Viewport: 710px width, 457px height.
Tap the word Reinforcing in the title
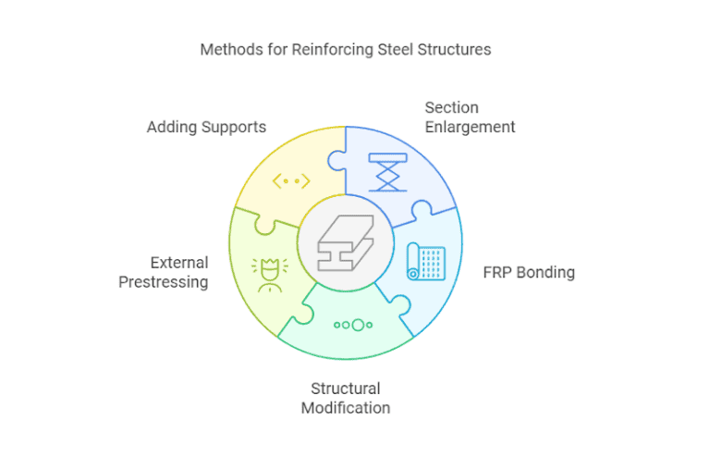[x=324, y=49]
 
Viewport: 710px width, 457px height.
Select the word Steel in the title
[x=391, y=49]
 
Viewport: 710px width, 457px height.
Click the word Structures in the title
[x=453, y=49]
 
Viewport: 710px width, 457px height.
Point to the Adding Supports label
[x=206, y=127]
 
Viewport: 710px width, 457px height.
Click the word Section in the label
[x=451, y=108]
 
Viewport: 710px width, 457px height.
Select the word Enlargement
[x=470, y=127]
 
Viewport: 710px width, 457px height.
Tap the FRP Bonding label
[x=529, y=273]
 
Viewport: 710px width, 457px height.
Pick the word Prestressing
[x=163, y=281]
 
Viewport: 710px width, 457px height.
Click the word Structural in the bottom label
[x=345, y=389]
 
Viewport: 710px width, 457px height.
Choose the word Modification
[x=345, y=407]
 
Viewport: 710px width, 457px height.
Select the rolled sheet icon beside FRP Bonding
[x=426, y=262]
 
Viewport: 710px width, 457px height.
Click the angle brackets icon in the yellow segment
[x=290, y=181]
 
